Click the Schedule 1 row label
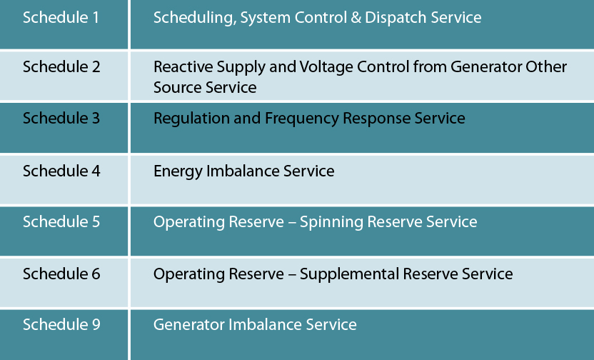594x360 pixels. click(x=61, y=17)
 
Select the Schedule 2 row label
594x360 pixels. click(x=61, y=66)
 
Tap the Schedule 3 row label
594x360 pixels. click(x=61, y=119)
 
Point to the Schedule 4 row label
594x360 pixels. click(x=61, y=171)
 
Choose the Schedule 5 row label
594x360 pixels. click(x=61, y=221)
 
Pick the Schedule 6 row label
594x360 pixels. click(x=61, y=274)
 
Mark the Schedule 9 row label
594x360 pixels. click(x=61, y=324)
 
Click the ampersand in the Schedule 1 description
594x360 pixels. click(x=356, y=18)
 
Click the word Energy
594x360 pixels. click(x=178, y=171)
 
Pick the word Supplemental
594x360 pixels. click(x=349, y=275)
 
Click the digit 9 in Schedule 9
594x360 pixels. click(x=96, y=325)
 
